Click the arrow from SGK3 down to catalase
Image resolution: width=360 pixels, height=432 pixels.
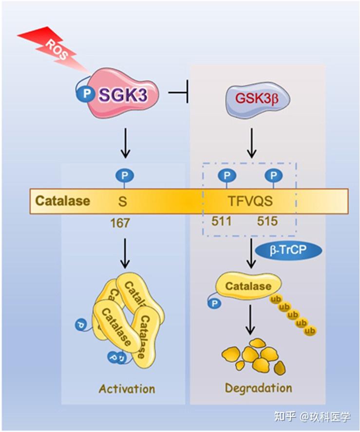(125, 144)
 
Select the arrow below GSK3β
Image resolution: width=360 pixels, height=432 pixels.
(251, 144)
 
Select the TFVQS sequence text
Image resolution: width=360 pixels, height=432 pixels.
(251, 201)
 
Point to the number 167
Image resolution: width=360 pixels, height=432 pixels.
(120, 223)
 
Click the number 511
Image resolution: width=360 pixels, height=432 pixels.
(222, 222)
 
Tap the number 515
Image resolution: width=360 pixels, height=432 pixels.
(267, 222)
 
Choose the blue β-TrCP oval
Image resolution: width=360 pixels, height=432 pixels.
(296, 251)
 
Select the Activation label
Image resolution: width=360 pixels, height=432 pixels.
(127, 389)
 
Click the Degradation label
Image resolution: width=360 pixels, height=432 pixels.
(258, 388)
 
